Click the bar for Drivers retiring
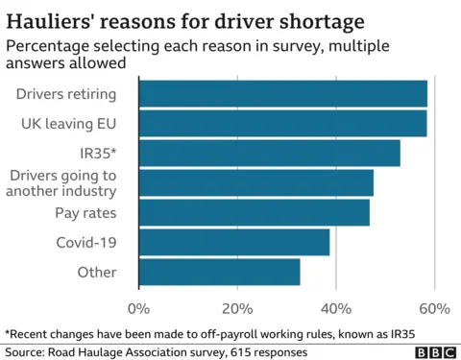coord(283,94)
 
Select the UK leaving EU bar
coord(283,124)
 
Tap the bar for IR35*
coord(270,154)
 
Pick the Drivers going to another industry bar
coord(256,182)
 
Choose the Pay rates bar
coord(255,212)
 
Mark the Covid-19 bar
coord(234,242)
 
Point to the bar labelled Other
coord(220,272)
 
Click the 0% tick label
coord(139,308)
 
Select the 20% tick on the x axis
coord(237,308)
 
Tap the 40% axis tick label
coord(335,308)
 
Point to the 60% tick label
coord(434,308)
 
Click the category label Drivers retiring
coord(67,94)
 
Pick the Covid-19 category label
coord(87,242)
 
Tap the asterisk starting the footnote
coord(8,332)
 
